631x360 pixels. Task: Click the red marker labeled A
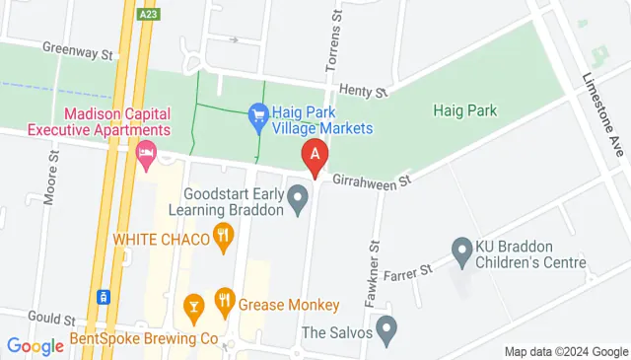coord(315,156)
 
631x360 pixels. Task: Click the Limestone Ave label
coord(603,104)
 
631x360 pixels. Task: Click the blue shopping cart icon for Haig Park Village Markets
coord(258,115)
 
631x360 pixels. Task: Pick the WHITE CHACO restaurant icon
coord(224,237)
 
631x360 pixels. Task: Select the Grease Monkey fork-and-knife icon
coord(224,302)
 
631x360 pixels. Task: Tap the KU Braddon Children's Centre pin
coord(461,251)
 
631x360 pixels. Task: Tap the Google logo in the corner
coord(35,345)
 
